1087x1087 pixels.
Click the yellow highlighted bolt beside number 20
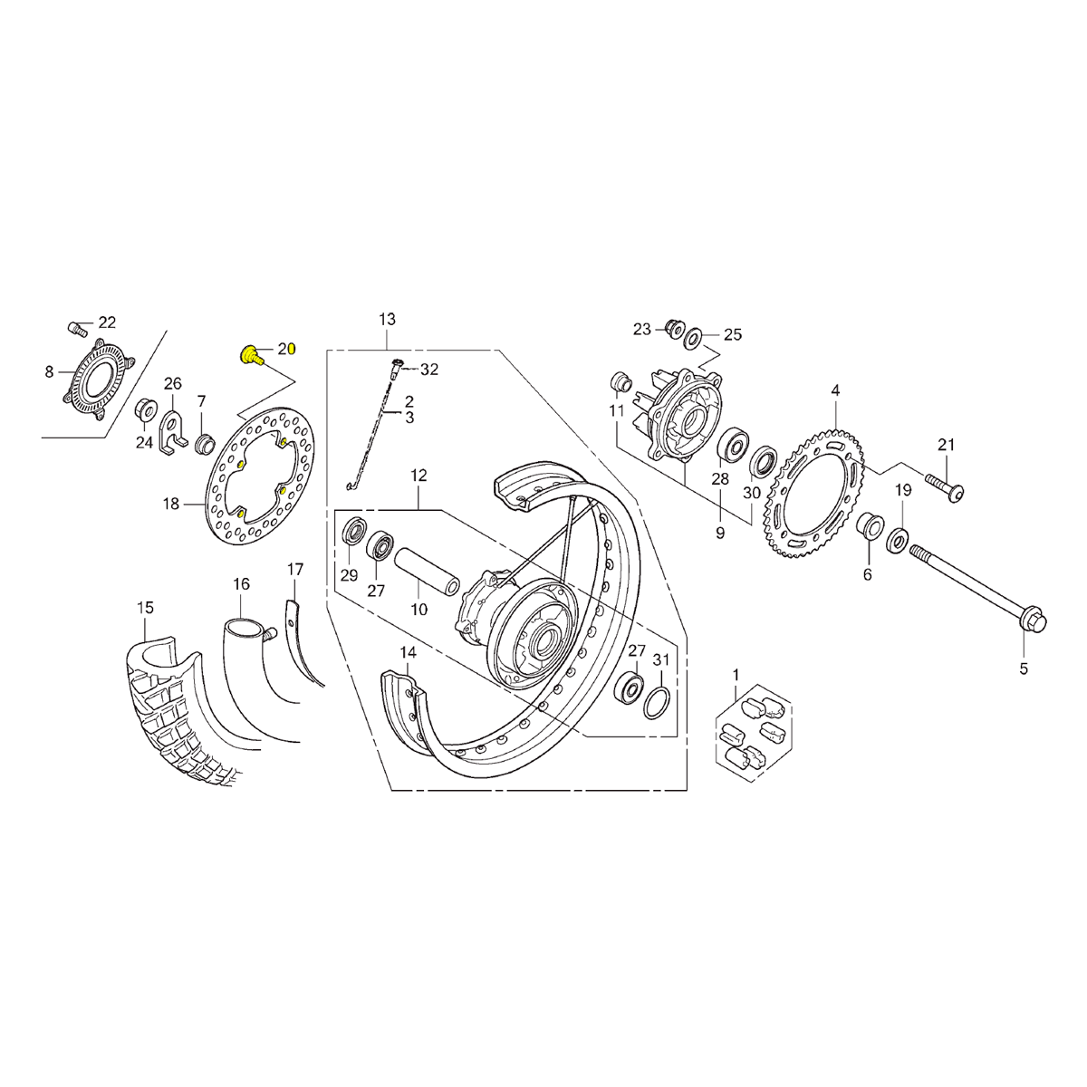point(250,354)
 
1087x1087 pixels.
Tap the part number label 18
point(171,505)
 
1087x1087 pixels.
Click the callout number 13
point(387,320)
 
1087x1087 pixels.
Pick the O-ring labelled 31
point(659,703)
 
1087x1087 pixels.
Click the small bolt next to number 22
point(76,327)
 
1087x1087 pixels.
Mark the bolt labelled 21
point(944,486)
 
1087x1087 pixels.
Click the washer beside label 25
point(693,339)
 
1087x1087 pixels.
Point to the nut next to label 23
point(673,327)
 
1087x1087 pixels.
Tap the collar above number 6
point(868,525)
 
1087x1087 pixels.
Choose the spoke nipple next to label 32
point(399,368)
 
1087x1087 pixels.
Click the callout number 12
point(418,475)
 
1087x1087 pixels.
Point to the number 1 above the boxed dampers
point(736,674)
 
